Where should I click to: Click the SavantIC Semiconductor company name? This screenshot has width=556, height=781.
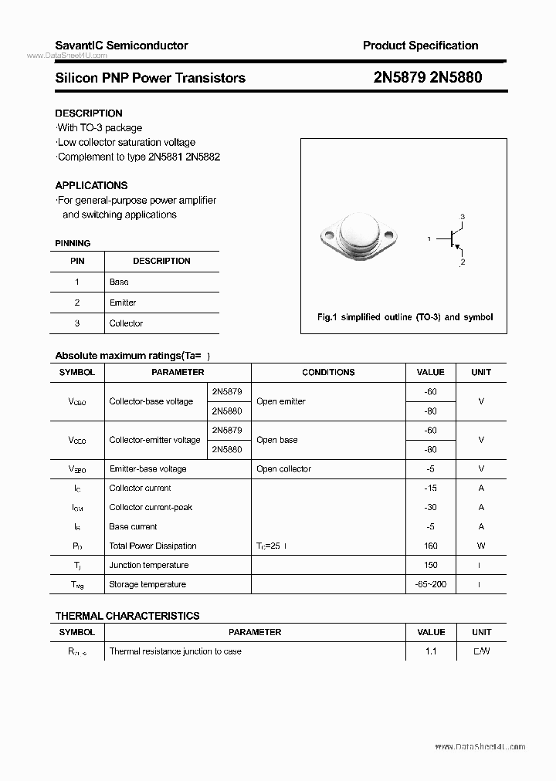pos(121,46)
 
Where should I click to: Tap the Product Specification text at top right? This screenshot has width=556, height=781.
pos(420,46)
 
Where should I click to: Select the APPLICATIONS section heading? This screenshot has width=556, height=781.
pos(91,185)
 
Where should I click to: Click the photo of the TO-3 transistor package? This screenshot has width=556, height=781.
pos(356,240)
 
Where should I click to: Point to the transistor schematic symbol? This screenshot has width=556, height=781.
pos(452,240)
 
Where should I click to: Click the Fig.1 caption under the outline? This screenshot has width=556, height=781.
pos(405,317)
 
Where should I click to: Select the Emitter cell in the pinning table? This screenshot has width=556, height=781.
pos(123,303)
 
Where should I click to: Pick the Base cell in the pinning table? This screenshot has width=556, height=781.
pos(119,282)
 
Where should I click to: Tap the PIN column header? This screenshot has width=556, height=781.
pos(77,261)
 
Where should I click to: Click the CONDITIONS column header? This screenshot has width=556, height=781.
pos(328,372)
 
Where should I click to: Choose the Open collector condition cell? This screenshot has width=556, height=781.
pos(283,468)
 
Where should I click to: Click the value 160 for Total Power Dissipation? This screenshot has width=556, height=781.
pos(430,546)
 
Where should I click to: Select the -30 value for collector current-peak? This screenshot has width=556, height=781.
pos(430,507)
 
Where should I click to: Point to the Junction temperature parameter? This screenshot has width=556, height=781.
pos(148,565)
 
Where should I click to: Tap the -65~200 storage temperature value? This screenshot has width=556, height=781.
pos(430,584)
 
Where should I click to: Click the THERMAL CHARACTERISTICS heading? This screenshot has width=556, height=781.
pos(127,616)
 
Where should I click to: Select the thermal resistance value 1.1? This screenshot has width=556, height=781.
pos(430,651)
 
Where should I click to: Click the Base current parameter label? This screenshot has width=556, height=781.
pos(133,526)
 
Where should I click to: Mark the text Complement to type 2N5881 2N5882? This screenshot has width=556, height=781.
pos(138,157)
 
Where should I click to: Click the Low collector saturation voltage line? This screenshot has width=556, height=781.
pos(126,142)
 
